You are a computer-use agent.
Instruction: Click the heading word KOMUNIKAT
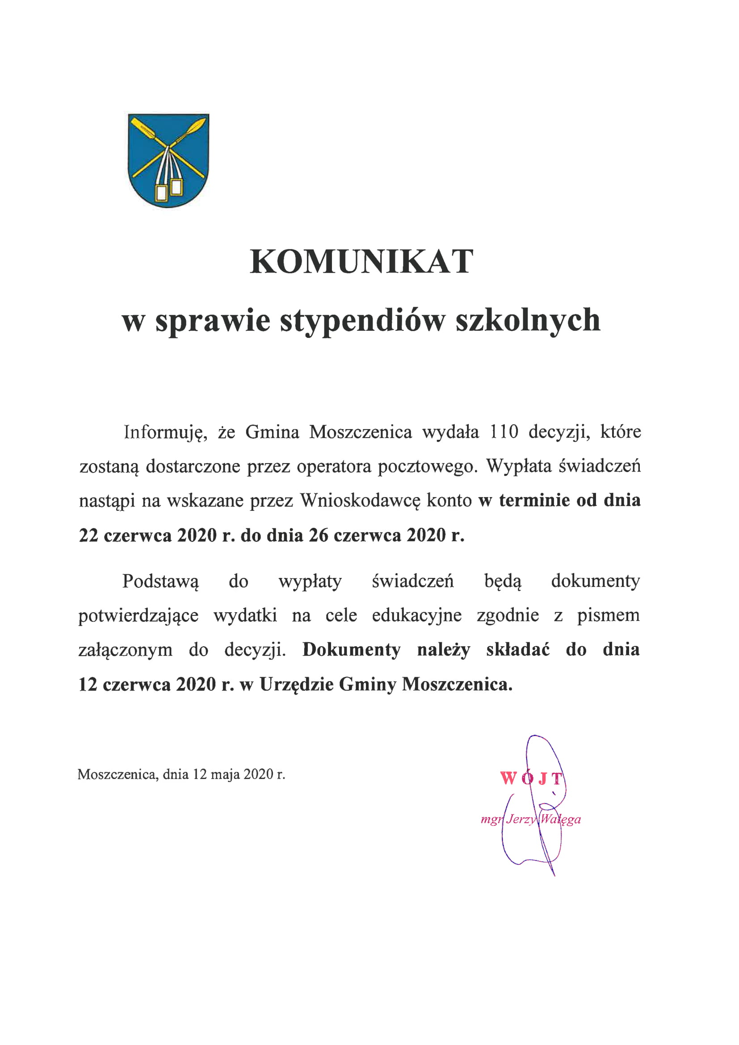362,262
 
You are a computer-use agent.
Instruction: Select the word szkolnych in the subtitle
528,321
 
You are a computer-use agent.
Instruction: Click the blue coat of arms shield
168,160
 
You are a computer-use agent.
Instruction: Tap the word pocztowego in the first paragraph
428,467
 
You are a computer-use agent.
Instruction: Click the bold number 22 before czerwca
89,536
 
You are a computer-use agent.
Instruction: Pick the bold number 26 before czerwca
319,536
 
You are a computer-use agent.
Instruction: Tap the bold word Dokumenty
351,650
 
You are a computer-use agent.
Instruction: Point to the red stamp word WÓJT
532,779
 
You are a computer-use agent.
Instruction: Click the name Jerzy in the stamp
521,820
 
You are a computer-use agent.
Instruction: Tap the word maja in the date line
226,774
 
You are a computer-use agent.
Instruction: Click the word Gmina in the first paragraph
272,432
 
